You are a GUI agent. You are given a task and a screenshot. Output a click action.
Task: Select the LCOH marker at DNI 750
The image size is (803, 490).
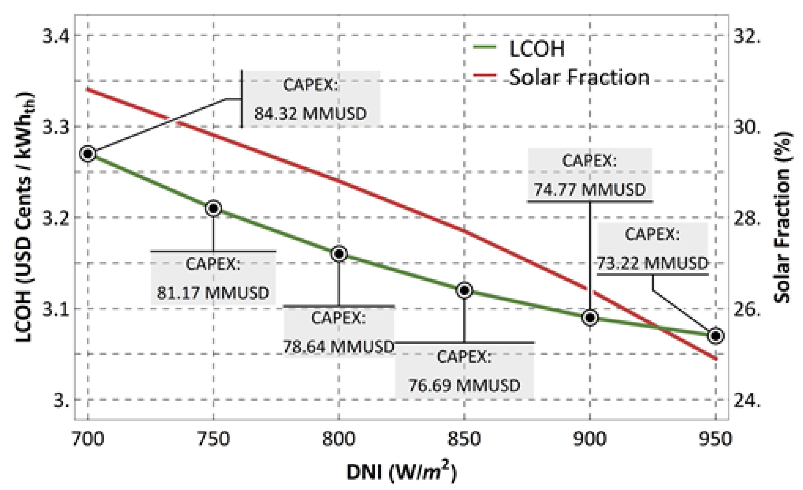point(213,208)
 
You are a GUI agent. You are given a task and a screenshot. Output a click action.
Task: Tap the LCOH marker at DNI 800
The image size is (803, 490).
point(339,254)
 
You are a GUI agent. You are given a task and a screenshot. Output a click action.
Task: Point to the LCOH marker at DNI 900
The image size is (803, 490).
point(590,317)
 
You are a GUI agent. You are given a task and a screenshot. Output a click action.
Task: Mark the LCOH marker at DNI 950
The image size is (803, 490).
point(716,336)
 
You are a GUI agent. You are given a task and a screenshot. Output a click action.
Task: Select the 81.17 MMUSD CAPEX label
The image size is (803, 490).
point(213,278)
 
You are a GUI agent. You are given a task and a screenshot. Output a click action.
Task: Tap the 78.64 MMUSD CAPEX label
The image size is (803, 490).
point(339,332)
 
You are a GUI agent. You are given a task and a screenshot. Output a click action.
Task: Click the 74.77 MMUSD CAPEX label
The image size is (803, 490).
point(590,175)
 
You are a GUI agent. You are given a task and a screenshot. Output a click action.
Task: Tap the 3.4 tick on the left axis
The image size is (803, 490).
point(56,36)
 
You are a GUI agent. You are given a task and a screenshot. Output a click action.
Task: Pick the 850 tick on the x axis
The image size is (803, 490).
point(464,439)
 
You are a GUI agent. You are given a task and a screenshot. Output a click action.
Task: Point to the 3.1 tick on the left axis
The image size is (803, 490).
point(56,309)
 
